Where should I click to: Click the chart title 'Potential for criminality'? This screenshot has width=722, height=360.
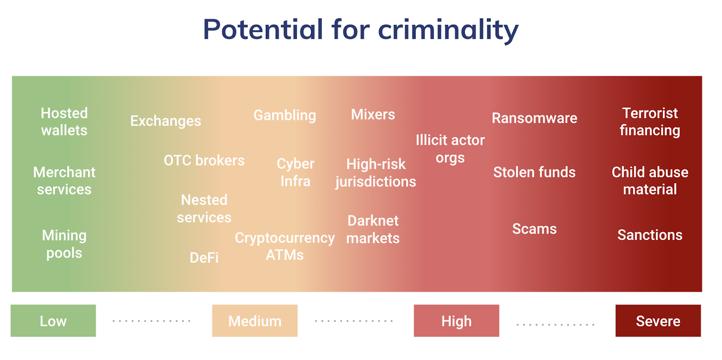pos(361,30)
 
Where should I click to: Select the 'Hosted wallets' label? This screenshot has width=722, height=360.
pos(64,122)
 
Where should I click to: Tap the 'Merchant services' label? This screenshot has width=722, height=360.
pos(64,181)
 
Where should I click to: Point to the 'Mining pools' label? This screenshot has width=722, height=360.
pos(64,245)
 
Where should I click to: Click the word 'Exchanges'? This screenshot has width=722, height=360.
pos(166,121)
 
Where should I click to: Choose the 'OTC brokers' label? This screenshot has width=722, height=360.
pos(204,161)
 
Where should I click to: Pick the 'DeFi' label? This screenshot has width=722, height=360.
pos(204,258)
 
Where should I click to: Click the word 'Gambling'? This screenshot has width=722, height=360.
pos(285,115)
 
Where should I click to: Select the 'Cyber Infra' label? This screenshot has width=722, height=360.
pos(295,172)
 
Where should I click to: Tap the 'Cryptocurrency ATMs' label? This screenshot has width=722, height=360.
pos(285,247)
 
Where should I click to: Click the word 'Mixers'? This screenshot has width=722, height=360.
pos(373,115)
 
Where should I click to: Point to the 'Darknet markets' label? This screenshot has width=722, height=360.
pos(373,230)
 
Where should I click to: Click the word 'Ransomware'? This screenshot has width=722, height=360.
pos(534,118)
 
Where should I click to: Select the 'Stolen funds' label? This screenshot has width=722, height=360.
pos(534,172)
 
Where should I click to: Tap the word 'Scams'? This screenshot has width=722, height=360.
pos(534,229)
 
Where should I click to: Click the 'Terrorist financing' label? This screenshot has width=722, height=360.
pos(650,122)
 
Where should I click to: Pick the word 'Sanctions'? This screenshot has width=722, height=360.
pos(650,235)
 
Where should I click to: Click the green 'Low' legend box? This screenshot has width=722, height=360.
pos(53,321)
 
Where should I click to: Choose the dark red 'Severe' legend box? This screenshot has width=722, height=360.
pos(658,321)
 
